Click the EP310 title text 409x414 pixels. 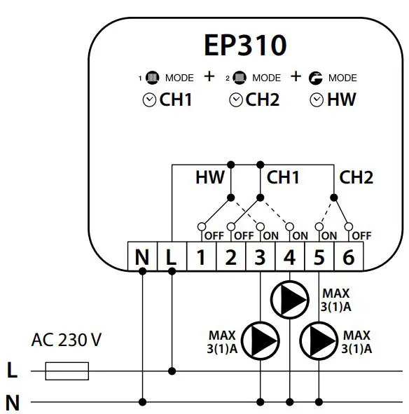245,46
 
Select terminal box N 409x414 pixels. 142,258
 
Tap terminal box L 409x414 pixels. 172,258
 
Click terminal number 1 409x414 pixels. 201,258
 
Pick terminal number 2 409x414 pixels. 230,258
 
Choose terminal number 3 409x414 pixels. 260,258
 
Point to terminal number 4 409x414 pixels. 289,258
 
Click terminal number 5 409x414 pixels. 319,258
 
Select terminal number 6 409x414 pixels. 348,258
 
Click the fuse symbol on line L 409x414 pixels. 67,371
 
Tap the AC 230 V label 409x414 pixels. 67,341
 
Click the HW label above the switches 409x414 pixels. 210,178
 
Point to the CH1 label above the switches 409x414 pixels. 283,178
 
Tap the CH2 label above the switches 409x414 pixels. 356,178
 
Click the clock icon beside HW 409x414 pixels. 317,100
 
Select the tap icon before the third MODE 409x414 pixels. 317,78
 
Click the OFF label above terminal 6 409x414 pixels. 361,236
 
